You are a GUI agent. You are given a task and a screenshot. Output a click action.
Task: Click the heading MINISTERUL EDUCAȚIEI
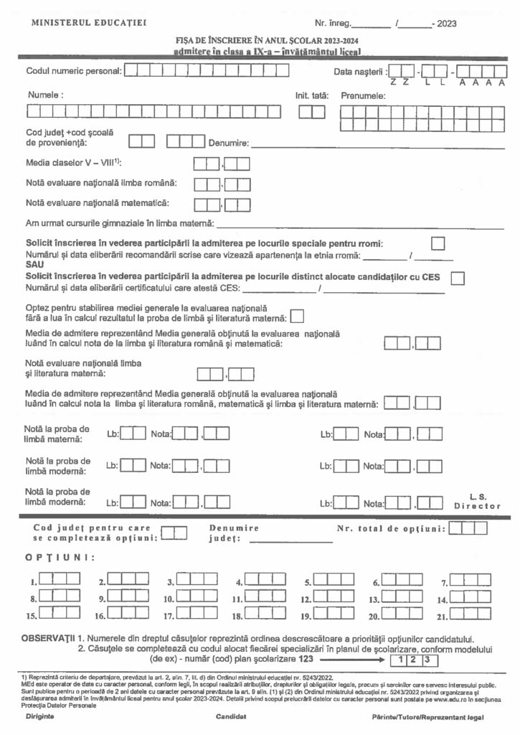pyautogui.click(x=90, y=23)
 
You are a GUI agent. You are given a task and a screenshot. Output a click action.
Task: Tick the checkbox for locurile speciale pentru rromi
pyautogui.click(x=438, y=243)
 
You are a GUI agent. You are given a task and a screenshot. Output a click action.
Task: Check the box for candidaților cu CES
pyautogui.click(x=458, y=277)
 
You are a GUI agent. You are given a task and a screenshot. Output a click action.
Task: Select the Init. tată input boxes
pyautogui.click(x=312, y=111)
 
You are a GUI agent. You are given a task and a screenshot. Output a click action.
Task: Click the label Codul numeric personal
pyautogui.click(x=73, y=71)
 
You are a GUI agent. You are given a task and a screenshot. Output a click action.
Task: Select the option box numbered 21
pyautogui.click(x=472, y=613)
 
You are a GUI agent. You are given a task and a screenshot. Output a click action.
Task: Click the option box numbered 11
pyautogui.click(x=265, y=596)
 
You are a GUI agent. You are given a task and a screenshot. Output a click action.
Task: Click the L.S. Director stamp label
pyautogui.click(x=477, y=501)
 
